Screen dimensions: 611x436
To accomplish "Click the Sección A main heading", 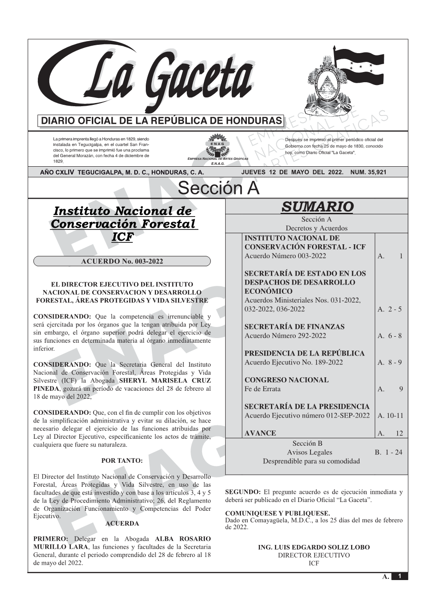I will pos(218,188).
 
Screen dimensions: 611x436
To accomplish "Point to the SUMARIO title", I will pos(317,206).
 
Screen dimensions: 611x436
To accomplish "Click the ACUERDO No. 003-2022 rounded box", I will pos(122,261).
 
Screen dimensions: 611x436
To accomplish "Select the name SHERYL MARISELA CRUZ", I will pos(165,381).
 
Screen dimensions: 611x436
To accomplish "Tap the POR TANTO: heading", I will pos(122,460).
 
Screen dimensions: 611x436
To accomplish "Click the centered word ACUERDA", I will pos(122,524).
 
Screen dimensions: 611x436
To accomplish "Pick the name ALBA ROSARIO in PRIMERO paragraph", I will pos(183,539).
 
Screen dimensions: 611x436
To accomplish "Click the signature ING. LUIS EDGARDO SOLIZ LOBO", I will pos(314,548).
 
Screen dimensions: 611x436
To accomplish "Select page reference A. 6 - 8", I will pos(389,336).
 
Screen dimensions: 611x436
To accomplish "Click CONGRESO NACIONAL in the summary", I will pos(287,380).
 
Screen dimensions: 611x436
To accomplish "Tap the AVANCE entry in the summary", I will pos(260,433).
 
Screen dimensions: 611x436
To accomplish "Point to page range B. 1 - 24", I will pos(388,452).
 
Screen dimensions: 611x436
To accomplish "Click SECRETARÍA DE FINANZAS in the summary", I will pos(294,327).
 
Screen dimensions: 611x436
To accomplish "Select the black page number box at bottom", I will pos(400,576).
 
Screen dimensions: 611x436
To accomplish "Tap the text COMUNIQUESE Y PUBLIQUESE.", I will pos(277,513).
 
